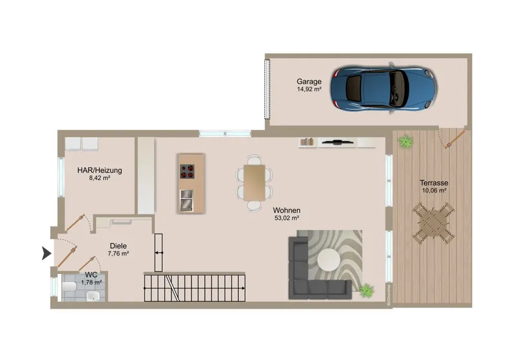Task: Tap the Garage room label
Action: point(309,82)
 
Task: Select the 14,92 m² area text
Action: point(309,89)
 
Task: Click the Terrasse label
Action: point(434,183)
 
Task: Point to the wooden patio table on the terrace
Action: point(433,223)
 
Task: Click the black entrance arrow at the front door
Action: point(46,253)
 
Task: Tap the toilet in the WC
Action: point(70,287)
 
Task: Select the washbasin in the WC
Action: point(93,296)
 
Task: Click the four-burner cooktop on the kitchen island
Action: point(187,171)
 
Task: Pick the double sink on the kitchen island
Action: point(187,200)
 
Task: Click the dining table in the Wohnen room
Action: point(254,183)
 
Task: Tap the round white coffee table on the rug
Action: point(329,260)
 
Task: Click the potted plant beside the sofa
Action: point(366,291)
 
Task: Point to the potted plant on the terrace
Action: point(406,141)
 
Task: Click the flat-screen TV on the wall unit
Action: point(337,142)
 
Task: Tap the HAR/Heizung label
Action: point(100,170)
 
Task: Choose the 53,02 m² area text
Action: point(286,217)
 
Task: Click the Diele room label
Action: point(118,246)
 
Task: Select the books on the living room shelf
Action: point(307,142)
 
